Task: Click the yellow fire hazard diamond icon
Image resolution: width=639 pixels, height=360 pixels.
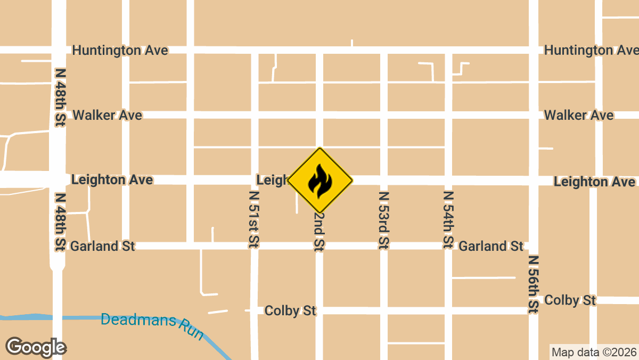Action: pos(320,180)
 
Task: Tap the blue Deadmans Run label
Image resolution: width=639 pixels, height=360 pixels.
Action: pos(152,325)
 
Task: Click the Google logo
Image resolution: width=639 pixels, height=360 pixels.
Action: pos(36,347)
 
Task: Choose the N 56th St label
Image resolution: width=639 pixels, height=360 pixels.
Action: pos(533,284)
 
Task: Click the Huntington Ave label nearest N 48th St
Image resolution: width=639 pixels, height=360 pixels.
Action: pos(120,51)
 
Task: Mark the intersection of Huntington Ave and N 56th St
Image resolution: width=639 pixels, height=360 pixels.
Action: pos(533,50)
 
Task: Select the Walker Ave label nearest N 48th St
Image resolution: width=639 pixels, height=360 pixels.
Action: pos(107,115)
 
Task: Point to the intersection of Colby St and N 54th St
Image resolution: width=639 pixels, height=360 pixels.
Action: pos(448,310)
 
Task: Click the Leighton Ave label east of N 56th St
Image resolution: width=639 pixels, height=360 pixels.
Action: pos(594,182)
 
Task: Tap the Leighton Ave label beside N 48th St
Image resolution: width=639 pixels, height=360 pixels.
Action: pos(112,179)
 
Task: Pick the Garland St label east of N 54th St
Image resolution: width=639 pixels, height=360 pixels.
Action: pos(491,246)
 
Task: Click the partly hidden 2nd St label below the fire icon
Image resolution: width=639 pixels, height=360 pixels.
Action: pos(319,232)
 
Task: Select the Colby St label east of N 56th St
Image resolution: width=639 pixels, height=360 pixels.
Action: pos(570,300)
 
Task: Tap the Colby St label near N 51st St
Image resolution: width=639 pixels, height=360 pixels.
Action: pos(290,310)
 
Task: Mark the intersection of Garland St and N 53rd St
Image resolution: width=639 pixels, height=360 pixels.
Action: pos(383,246)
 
